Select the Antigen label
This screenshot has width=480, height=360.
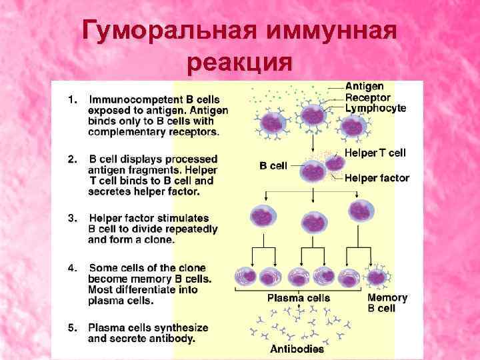(364, 87)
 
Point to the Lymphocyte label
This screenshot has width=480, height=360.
(375, 108)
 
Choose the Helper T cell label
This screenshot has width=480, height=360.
(375, 153)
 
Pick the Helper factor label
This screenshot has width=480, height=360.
(377, 177)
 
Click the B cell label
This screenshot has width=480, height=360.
(273, 165)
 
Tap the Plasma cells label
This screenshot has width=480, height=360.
(299, 297)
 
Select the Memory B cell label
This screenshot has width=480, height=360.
(387, 303)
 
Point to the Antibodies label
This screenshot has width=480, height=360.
(297, 349)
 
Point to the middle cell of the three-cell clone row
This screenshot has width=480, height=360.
(314, 221)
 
